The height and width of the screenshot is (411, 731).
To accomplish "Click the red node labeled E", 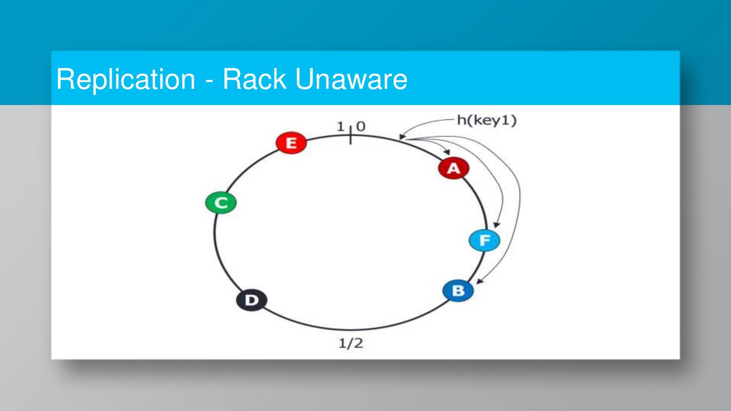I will click(291, 143).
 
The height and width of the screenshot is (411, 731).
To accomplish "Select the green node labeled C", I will click(221, 203).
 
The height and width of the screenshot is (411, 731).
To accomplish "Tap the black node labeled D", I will click(251, 300).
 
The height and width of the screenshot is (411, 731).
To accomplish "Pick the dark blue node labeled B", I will click(458, 291).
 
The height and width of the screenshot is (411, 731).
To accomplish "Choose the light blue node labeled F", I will click(484, 241).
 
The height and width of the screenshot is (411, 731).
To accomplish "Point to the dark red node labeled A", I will click(453, 168).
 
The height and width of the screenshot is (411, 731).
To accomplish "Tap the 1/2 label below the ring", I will click(351, 344).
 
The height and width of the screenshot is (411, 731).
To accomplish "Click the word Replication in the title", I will click(125, 79).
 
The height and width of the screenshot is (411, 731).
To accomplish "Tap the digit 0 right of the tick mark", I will click(360, 127).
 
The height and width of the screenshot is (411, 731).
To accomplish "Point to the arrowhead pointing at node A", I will click(447, 151).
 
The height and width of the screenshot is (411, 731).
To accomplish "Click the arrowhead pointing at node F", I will click(496, 225).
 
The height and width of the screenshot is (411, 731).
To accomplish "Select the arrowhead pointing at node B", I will click(479, 282).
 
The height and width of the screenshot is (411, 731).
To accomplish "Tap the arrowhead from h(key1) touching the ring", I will click(402, 136).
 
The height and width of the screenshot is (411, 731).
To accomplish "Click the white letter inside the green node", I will click(221, 203).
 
